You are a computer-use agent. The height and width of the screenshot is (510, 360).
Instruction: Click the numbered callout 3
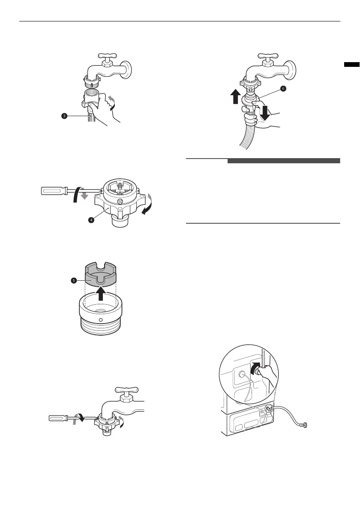pos(65,116)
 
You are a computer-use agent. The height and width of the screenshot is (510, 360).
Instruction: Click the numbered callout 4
pos(92,220)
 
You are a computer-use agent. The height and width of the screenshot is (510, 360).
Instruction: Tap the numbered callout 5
pos(74,280)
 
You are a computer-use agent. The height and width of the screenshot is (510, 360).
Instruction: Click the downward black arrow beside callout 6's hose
pos(265,112)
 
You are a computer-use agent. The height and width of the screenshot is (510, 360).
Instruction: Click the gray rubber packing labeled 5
pos(100,275)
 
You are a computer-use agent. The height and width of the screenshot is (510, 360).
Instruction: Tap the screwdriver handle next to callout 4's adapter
pos(54,191)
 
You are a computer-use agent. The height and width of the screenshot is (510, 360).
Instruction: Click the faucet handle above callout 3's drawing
pos(105,55)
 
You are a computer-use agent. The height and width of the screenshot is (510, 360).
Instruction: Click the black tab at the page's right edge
pos(352,64)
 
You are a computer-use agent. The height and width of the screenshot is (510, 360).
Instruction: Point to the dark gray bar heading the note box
pos(284,161)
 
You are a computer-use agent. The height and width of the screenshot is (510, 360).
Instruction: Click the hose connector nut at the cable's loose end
pos(305,425)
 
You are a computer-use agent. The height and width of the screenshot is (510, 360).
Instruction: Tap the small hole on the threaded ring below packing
pos(101,320)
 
